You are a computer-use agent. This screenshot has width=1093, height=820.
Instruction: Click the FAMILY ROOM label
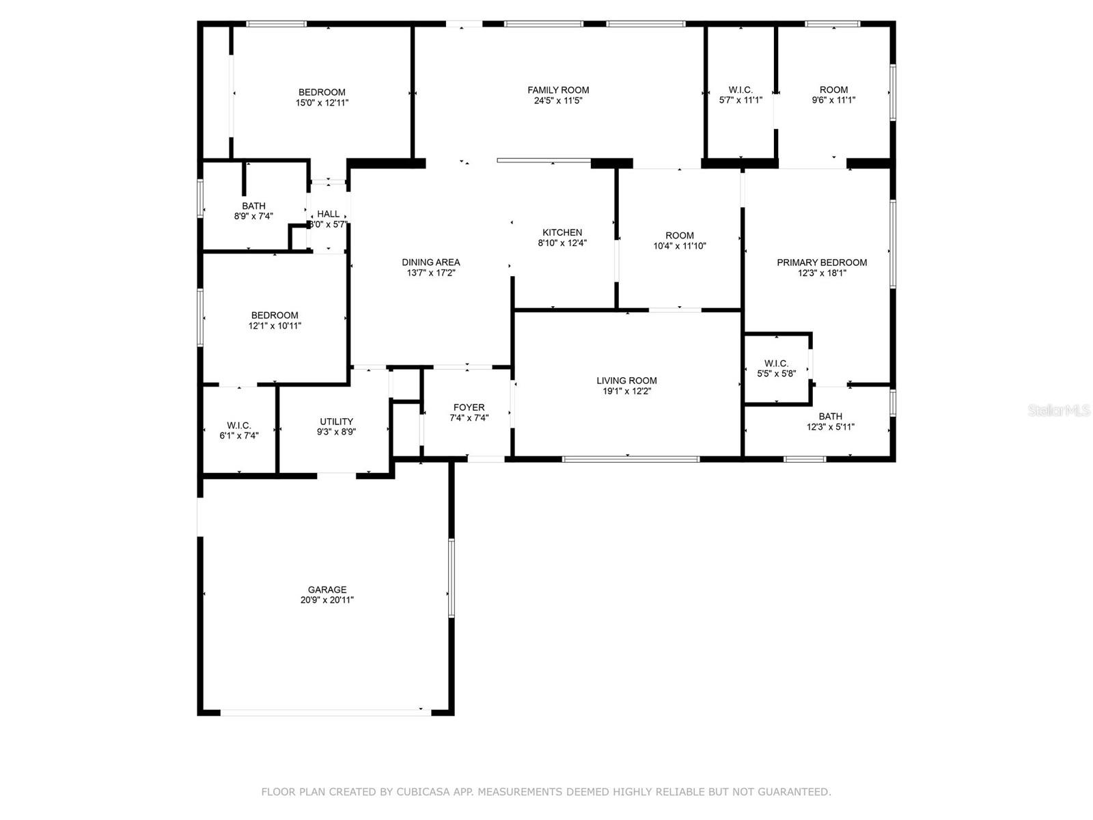click(x=557, y=90)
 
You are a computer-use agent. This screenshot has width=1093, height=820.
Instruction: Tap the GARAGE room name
click(x=327, y=590)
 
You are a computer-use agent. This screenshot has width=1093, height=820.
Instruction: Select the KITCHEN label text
click(x=562, y=232)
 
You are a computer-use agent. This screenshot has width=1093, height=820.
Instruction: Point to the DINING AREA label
click(x=431, y=262)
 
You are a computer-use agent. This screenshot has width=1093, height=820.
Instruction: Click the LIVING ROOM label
click(x=626, y=381)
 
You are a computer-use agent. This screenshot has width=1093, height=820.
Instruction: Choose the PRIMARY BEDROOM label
click(x=822, y=262)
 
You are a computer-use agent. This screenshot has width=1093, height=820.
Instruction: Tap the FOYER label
click(x=469, y=408)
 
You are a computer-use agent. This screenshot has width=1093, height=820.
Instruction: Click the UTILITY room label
click(x=336, y=422)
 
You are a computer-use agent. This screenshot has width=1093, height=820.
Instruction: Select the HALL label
click(x=328, y=214)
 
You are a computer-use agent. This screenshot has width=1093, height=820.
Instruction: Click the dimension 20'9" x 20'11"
click(x=327, y=600)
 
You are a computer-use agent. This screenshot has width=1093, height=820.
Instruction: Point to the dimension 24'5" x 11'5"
click(x=557, y=100)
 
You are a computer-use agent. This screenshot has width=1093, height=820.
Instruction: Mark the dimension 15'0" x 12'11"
click(x=322, y=103)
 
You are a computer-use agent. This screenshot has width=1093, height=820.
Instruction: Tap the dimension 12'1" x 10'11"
click(x=275, y=326)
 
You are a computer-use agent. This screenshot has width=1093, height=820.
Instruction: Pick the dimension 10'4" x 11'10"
click(x=679, y=246)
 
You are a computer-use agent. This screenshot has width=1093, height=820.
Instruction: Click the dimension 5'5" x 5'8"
click(x=776, y=374)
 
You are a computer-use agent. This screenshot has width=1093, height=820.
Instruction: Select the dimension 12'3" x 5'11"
click(x=830, y=426)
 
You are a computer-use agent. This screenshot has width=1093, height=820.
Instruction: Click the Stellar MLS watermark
click(x=1059, y=411)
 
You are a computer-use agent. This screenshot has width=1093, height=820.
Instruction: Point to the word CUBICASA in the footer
click(x=423, y=791)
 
